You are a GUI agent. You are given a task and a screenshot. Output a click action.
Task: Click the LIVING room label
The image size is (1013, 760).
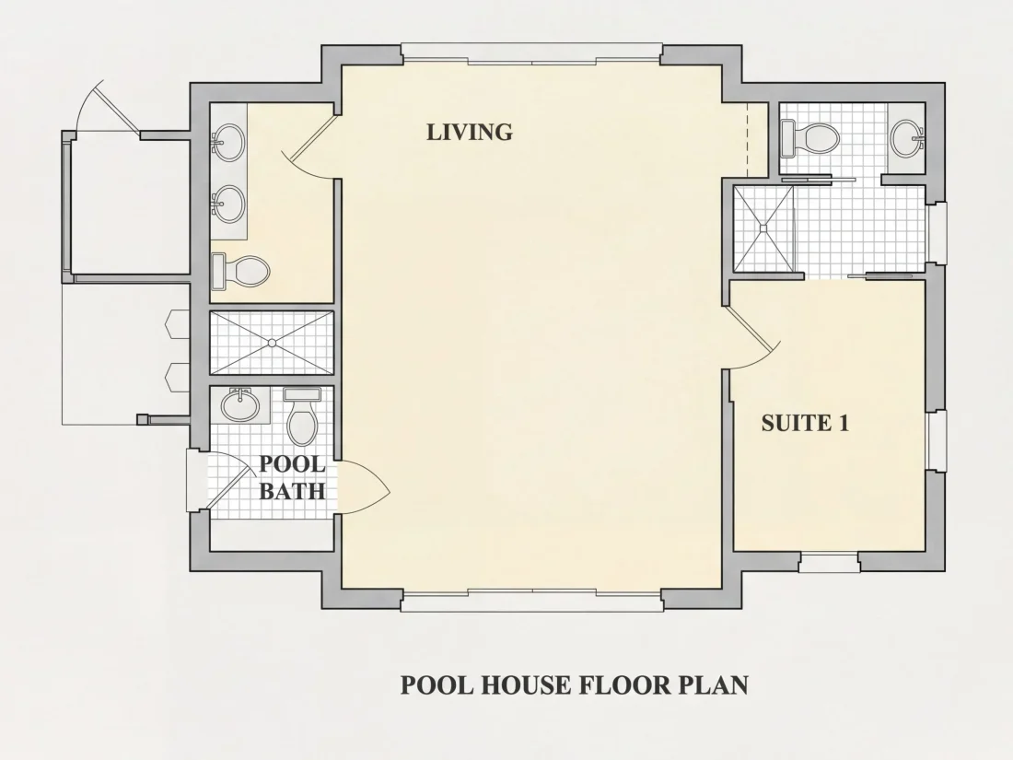tap(470, 132)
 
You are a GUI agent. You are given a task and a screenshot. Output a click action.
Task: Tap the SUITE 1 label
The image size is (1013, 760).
tap(805, 424)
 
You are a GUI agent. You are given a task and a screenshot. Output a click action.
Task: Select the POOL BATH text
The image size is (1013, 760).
tap(292, 477)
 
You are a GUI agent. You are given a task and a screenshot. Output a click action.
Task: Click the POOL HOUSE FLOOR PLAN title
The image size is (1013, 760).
tap(575, 684)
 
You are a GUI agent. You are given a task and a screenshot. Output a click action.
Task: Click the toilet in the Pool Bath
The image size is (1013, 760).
tap(302, 415)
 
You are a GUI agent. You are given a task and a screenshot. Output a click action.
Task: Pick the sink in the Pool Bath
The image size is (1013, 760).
tap(240, 405)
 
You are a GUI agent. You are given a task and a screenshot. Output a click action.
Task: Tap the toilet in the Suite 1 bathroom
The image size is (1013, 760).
tap(809, 137)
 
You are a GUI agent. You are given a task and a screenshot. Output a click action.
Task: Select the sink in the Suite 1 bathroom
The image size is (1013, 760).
tap(908, 137)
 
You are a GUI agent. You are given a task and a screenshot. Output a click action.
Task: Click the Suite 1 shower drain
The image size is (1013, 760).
tap(763, 228)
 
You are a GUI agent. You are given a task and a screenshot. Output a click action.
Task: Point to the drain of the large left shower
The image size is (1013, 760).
tap(272, 344)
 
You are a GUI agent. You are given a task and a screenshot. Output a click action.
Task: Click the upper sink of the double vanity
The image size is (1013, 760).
tap(227, 142)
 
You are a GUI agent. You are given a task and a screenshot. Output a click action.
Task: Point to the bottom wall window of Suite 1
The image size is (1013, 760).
tap(829, 562)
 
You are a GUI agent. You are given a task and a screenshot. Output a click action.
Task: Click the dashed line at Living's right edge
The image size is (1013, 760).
tap(747, 140)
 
